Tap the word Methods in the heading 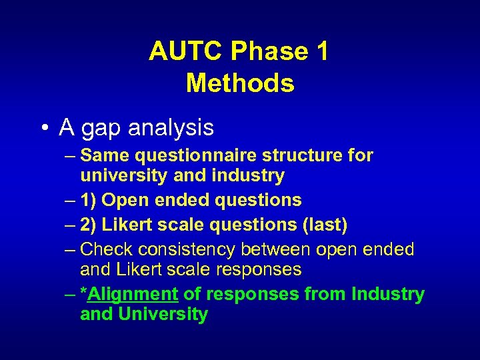pyautogui.click(x=240, y=83)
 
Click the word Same pyautogui.click(x=105, y=156)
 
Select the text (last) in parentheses pyautogui.click(x=324, y=225)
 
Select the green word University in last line pyautogui.click(x=163, y=314)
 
